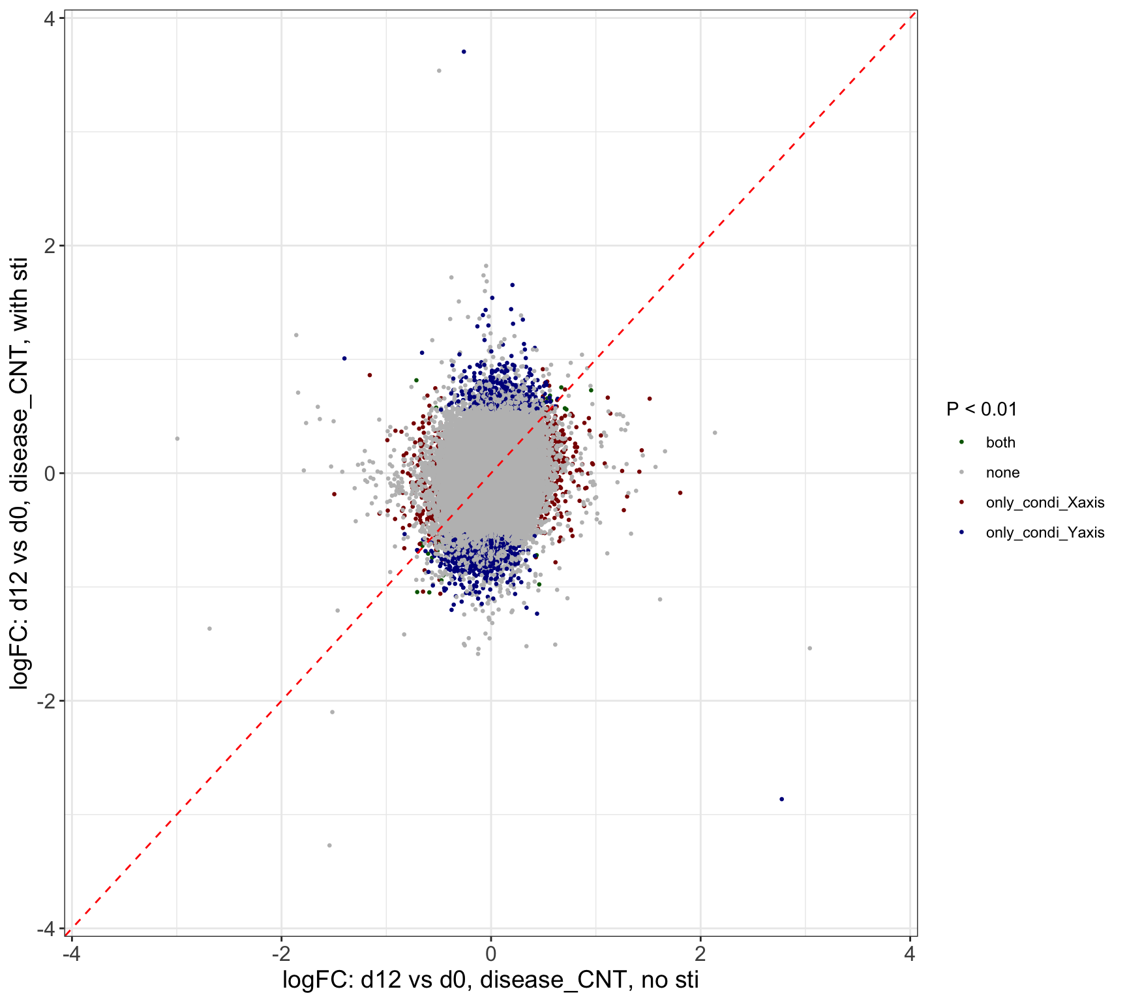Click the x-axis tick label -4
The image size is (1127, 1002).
pyautogui.click(x=71, y=954)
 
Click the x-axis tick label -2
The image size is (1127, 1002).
pyautogui.click(x=280, y=954)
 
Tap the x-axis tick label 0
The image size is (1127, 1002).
pyautogui.click(x=491, y=954)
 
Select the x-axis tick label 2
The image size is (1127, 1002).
pyautogui.click(x=700, y=954)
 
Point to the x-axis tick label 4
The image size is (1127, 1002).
pyautogui.click(x=910, y=954)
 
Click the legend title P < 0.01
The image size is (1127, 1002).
pyautogui.click(x=982, y=410)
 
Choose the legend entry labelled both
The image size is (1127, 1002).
pyautogui.click(x=1000, y=442)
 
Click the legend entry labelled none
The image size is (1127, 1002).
pyautogui.click(x=1002, y=472)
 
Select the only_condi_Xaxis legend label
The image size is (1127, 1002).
pyautogui.click(x=1045, y=502)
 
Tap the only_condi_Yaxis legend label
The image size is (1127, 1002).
pyautogui.click(x=1045, y=532)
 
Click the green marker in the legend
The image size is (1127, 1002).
pyautogui.click(x=961, y=442)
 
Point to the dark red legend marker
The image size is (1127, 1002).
pyautogui.click(x=961, y=502)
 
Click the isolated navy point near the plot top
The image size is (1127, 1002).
pyautogui.click(x=464, y=52)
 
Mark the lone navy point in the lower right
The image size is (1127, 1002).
pyautogui.click(x=781, y=799)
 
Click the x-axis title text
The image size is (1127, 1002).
pyautogui.click(x=490, y=980)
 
